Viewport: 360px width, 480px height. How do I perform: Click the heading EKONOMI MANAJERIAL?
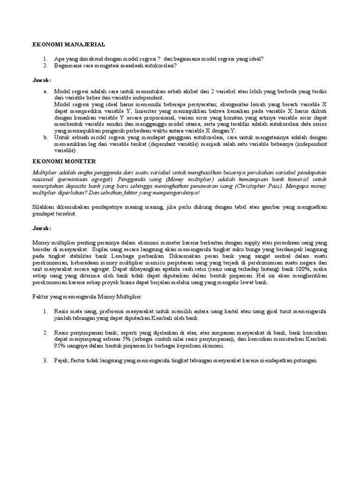click(68, 45)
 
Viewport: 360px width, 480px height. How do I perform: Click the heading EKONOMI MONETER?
click(64, 161)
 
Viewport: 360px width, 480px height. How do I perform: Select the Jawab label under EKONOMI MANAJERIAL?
click(41, 81)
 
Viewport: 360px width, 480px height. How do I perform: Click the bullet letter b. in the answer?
click(45, 137)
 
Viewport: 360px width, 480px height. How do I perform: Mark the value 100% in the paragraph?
click(298, 270)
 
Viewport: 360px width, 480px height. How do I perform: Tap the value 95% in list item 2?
click(60, 346)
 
